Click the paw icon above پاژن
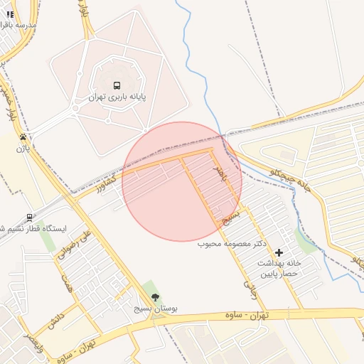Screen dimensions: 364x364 24,137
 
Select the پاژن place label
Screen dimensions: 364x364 24,149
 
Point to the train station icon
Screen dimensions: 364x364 29,218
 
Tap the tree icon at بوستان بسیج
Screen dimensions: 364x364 156,297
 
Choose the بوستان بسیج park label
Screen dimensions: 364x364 156,309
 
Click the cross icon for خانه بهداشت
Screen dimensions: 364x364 279,252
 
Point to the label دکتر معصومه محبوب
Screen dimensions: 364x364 232,244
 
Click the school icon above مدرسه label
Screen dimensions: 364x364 10,14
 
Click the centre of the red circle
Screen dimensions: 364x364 182,181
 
